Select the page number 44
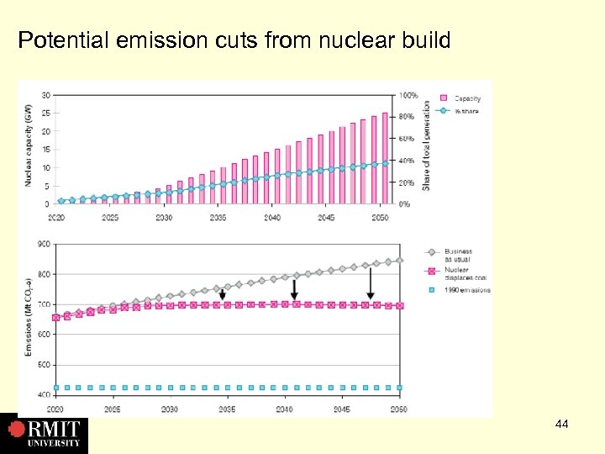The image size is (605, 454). point(561,425)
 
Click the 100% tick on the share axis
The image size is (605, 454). point(408,94)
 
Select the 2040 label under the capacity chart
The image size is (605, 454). point(271,218)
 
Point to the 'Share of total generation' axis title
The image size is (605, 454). point(427,145)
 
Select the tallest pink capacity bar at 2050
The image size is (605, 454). point(385,158)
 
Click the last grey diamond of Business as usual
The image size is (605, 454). point(399,260)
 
